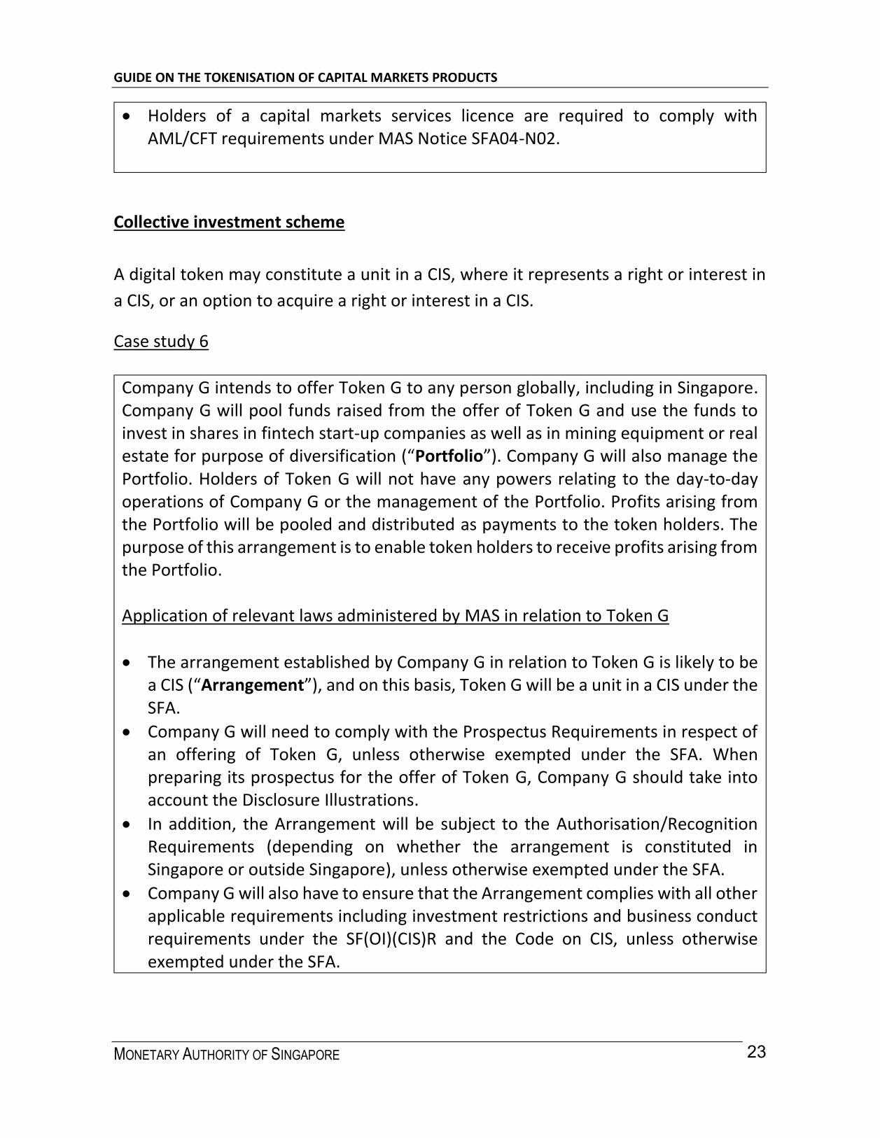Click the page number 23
[756, 1052]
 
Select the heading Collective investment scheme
[229, 223]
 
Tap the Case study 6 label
[161, 342]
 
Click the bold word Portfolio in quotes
[449, 456]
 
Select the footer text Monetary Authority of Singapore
[226, 1055]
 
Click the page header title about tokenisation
[305, 78]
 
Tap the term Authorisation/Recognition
[657, 824]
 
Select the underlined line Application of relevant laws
[395, 616]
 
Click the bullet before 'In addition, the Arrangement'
[126, 825]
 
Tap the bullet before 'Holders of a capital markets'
[126, 116]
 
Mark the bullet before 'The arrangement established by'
[126, 663]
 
